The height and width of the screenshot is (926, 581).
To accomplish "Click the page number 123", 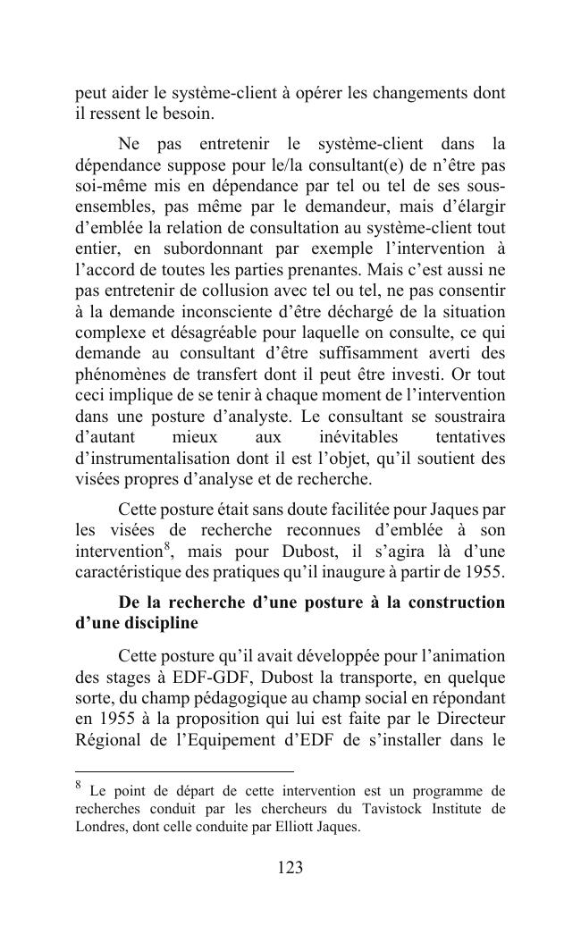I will click(x=290, y=868).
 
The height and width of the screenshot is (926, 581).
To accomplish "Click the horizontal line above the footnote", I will click(x=184, y=770).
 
